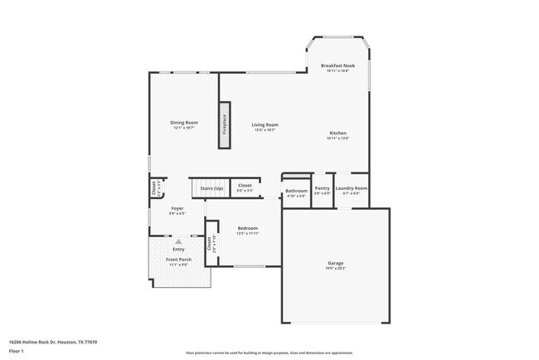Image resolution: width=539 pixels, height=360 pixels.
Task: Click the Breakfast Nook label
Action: tap(337, 65)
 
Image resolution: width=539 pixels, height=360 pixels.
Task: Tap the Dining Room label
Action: tap(185, 123)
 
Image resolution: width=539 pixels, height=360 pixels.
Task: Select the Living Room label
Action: tap(265, 125)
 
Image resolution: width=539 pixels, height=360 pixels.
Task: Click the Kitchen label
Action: tap(337, 134)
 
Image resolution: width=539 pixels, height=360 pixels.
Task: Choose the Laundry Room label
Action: tap(352, 188)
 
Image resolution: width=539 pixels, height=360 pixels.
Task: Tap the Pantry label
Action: tap(323, 188)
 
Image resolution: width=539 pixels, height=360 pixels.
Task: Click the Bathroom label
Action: tap(296, 191)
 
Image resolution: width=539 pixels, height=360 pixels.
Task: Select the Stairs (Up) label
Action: tap(211, 188)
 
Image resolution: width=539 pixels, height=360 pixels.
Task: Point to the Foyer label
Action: tap(177, 208)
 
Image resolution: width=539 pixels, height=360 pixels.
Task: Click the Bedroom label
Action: tap(248, 228)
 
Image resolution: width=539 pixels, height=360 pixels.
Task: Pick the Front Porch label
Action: tap(178, 260)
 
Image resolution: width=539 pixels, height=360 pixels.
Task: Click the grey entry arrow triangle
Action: tap(177, 241)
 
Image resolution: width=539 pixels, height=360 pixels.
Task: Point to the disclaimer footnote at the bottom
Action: tap(269, 353)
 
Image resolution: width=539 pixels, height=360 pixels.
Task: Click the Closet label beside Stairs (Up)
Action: tap(245, 185)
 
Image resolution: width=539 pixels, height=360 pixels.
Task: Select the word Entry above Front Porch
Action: tap(178, 249)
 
